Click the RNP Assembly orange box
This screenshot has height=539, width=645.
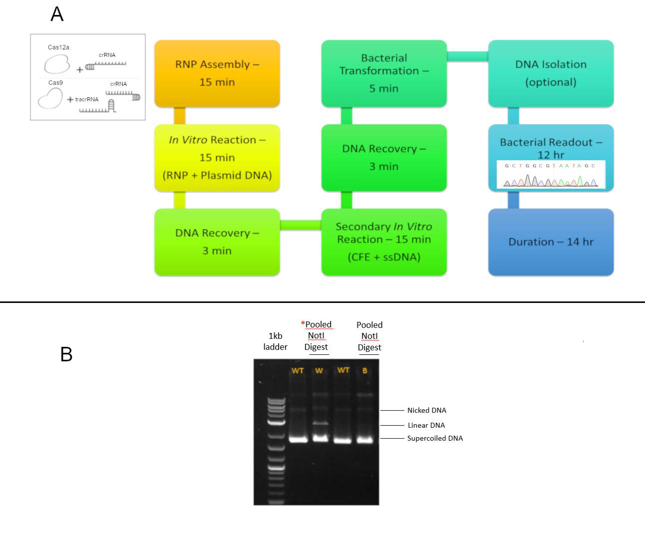pos(217,73)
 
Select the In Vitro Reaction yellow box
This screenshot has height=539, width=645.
pos(217,157)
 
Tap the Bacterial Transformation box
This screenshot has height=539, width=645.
pos(384,73)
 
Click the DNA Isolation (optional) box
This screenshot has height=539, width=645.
pos(551,73)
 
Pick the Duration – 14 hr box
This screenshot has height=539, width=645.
pos(551,242)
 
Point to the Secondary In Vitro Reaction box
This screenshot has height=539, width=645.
pos(384,242)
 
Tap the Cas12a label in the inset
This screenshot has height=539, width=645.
pos(58,47)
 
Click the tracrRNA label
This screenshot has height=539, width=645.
pos(87,100)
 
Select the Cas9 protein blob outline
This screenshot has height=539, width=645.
pos(50,99)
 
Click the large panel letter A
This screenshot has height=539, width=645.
pos(57,14)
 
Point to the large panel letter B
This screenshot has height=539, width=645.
pos(66,354)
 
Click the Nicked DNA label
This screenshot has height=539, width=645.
pos(427,410)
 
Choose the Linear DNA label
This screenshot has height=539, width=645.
pos(426,425)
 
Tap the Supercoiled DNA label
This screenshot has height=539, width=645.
pos(435,438)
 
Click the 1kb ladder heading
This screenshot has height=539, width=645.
pos(275,341)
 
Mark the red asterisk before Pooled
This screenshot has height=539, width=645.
pos(303,323)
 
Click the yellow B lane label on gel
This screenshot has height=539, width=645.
pos(365,371)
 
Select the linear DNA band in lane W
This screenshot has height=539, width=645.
pos(320,423)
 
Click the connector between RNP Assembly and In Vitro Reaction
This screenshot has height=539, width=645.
pos(180,116)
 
